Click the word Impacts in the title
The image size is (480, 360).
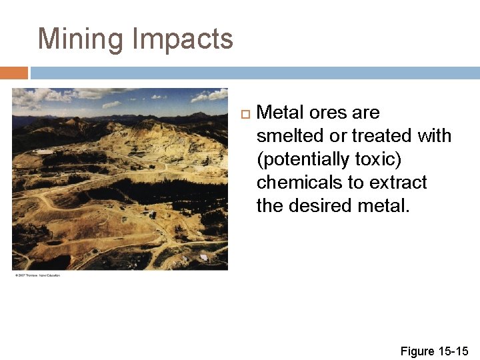click(x=183, y=39)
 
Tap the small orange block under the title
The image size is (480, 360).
click(x=14, y=73)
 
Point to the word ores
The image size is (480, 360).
click(x=329, y=113)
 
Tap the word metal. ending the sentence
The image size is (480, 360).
click(x=385, y=206)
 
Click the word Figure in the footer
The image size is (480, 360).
click(x=417, y=351)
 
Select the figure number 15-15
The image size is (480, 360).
click(x=453, y=351)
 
